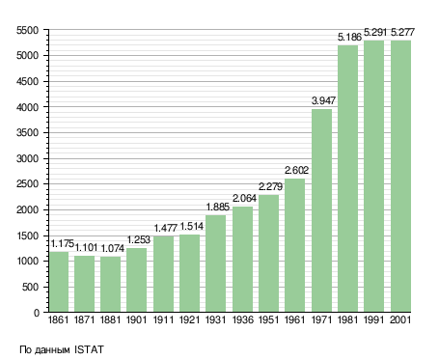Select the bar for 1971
[321, 210]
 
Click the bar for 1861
[59, 282]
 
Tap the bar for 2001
[400, 176]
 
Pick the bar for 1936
[242, 259]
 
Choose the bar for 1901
[136, 280]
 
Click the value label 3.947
[323, 100]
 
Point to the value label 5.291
[375, 32]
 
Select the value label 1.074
[113, 248]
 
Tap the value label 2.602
[296, 170]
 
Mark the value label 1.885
[218, 207]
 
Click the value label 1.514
[192, 227]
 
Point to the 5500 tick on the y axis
[28, 30]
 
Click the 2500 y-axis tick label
[28, 184]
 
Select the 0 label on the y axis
[37, 313]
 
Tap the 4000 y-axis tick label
[28, 107]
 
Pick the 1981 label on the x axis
[347, 319]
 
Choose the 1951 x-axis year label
[268, 319]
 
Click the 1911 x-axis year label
[163, 319]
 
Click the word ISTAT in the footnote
[89, 349]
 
